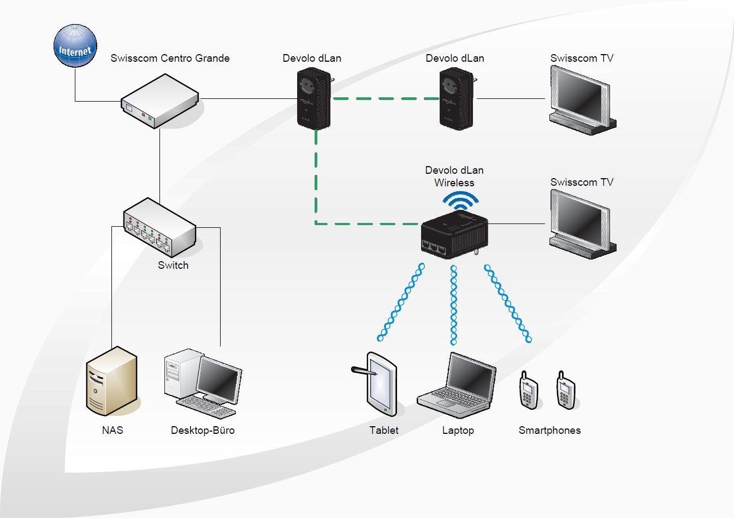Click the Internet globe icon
pyautogui.click(x=75, y=46)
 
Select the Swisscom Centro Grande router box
pyautogui.click(x=159, y=101)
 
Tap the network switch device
pyautogui.click(x=159, y=227)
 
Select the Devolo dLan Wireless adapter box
pyautogui.click(x=454, y=235)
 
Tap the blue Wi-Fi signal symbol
pyautogui.click(x=460, y=201)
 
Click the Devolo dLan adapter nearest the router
pyautogui.click(x=313, y=98)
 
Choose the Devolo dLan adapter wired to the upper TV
pyautogui.click(x=457, y=98)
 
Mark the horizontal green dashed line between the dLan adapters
pyautogui.click(x=386, y=99)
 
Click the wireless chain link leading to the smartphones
pyautogui.click(x=507, y=303)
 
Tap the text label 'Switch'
pyautogui.click(x=173, y=266)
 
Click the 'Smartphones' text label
pyautogui.click(x=549, y=431)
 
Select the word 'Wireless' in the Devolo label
pyautogui.click(x=454, y=183)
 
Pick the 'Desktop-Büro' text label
pyautogui.click(x=203, y=431)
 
